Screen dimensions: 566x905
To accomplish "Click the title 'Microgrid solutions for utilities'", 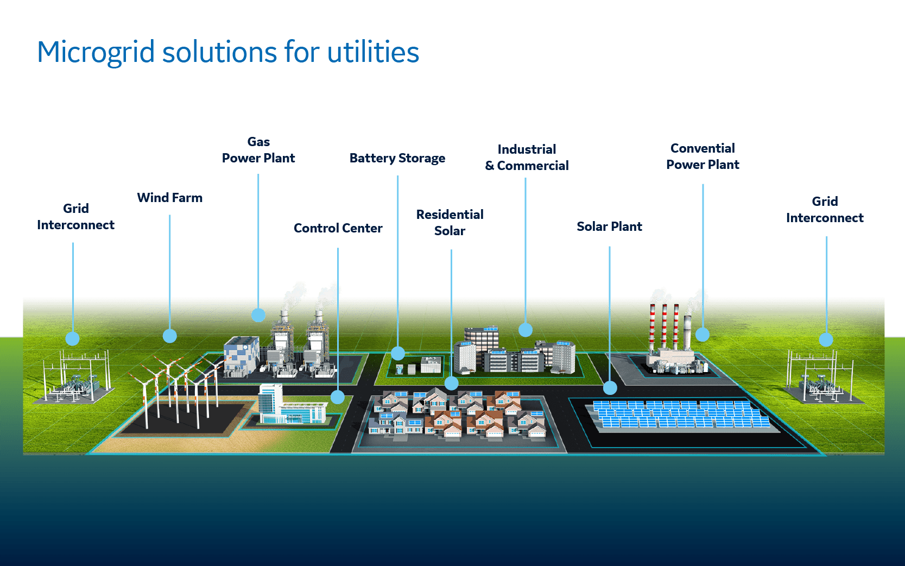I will click(228, 53).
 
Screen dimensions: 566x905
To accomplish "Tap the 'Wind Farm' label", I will click(169, 198).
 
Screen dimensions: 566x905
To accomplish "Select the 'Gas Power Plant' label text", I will click(258, 150).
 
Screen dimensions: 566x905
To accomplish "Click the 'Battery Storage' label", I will click(397, 158).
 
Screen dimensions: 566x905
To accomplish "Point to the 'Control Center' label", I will click(338, 228).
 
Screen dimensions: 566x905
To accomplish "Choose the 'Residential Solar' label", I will click(450, 223).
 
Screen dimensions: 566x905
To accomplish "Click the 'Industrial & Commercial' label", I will click(526, 158).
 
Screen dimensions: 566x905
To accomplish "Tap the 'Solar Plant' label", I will click(609, 227).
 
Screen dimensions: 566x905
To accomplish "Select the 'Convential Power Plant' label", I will click(703, 156).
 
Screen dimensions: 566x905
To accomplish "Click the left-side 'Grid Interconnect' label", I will click(75, 217).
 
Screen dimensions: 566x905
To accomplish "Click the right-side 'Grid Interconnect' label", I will click(825, 210).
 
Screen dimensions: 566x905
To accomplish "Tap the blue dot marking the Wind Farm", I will click(170, 336).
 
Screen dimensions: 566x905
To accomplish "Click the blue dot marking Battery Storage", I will click(398, 354).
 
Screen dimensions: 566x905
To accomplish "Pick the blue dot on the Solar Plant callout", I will click(610, 388).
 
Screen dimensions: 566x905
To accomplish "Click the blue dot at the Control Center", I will click(338, 397).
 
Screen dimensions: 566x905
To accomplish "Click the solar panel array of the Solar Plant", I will click(681, 416).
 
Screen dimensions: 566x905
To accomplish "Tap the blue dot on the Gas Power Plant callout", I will click(258, 315).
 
